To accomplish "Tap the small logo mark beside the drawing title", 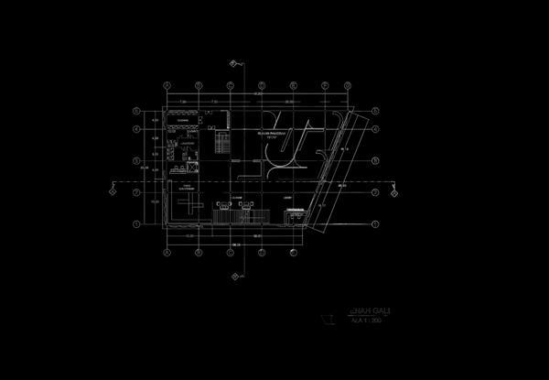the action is click(327, 319).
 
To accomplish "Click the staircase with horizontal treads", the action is click(221, 143).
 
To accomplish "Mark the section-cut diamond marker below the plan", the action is click(235, 275).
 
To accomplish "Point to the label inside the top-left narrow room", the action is click(183, 119).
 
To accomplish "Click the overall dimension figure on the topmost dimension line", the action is click(259, 92).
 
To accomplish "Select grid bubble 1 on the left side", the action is click(136, 223).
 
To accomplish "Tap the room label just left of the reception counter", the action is click(286, 198).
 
